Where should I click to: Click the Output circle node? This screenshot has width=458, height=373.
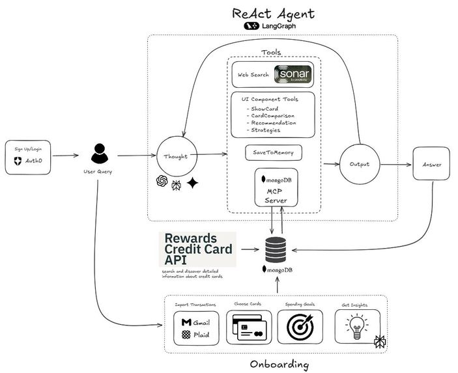(x=360, y=164)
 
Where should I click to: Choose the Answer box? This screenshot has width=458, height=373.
(x=432, y=164)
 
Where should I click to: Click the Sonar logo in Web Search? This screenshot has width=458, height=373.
(x=293, y=76)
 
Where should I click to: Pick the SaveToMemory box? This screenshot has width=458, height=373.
(x=273, y=153)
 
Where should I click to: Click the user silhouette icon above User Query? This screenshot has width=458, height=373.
(x=100, y=155)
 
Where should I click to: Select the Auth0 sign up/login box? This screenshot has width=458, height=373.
(x=27, y=157)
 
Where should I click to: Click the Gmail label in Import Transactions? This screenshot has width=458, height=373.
(x=197, y=322)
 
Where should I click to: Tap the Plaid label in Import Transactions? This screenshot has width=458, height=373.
(x=197, y=335)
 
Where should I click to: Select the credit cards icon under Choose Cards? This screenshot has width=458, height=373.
(x=248, y=327)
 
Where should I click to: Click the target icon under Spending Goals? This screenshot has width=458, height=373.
(x=300, y=327)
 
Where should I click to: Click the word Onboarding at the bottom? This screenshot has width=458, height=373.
(x=279, y=364)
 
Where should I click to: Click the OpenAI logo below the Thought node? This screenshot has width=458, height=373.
(x=162, y=182)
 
